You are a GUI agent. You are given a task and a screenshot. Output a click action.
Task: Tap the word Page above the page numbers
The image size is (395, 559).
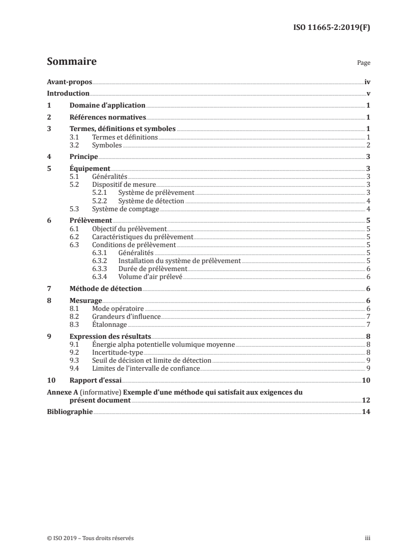(x=364, y=64)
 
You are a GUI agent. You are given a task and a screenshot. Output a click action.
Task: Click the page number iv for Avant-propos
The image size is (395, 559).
(x=367, y=82)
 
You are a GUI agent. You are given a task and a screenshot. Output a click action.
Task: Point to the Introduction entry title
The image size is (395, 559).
(x=68, y=94)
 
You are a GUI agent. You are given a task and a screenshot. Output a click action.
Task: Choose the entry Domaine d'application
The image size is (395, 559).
(x=107, y=106)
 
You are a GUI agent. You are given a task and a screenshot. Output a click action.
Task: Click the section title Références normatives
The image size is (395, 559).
(x=108, y=118)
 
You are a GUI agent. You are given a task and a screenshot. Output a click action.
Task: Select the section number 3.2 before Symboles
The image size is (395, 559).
(x=74, y=145)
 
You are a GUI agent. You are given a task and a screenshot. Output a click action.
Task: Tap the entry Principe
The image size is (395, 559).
(x=83, y=156)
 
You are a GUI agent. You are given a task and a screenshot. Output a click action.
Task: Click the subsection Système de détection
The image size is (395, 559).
(x=151, y=201)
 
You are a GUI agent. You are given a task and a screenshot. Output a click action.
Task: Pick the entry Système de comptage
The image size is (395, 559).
(x=126, y=209)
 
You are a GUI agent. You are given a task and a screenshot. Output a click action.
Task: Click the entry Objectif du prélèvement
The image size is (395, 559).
(x=129, y=229)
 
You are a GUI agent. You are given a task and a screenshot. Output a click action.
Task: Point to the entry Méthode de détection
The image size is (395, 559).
(x=106, y=288)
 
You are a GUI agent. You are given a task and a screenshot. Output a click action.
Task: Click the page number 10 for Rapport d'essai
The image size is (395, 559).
(x=366, y=380)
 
